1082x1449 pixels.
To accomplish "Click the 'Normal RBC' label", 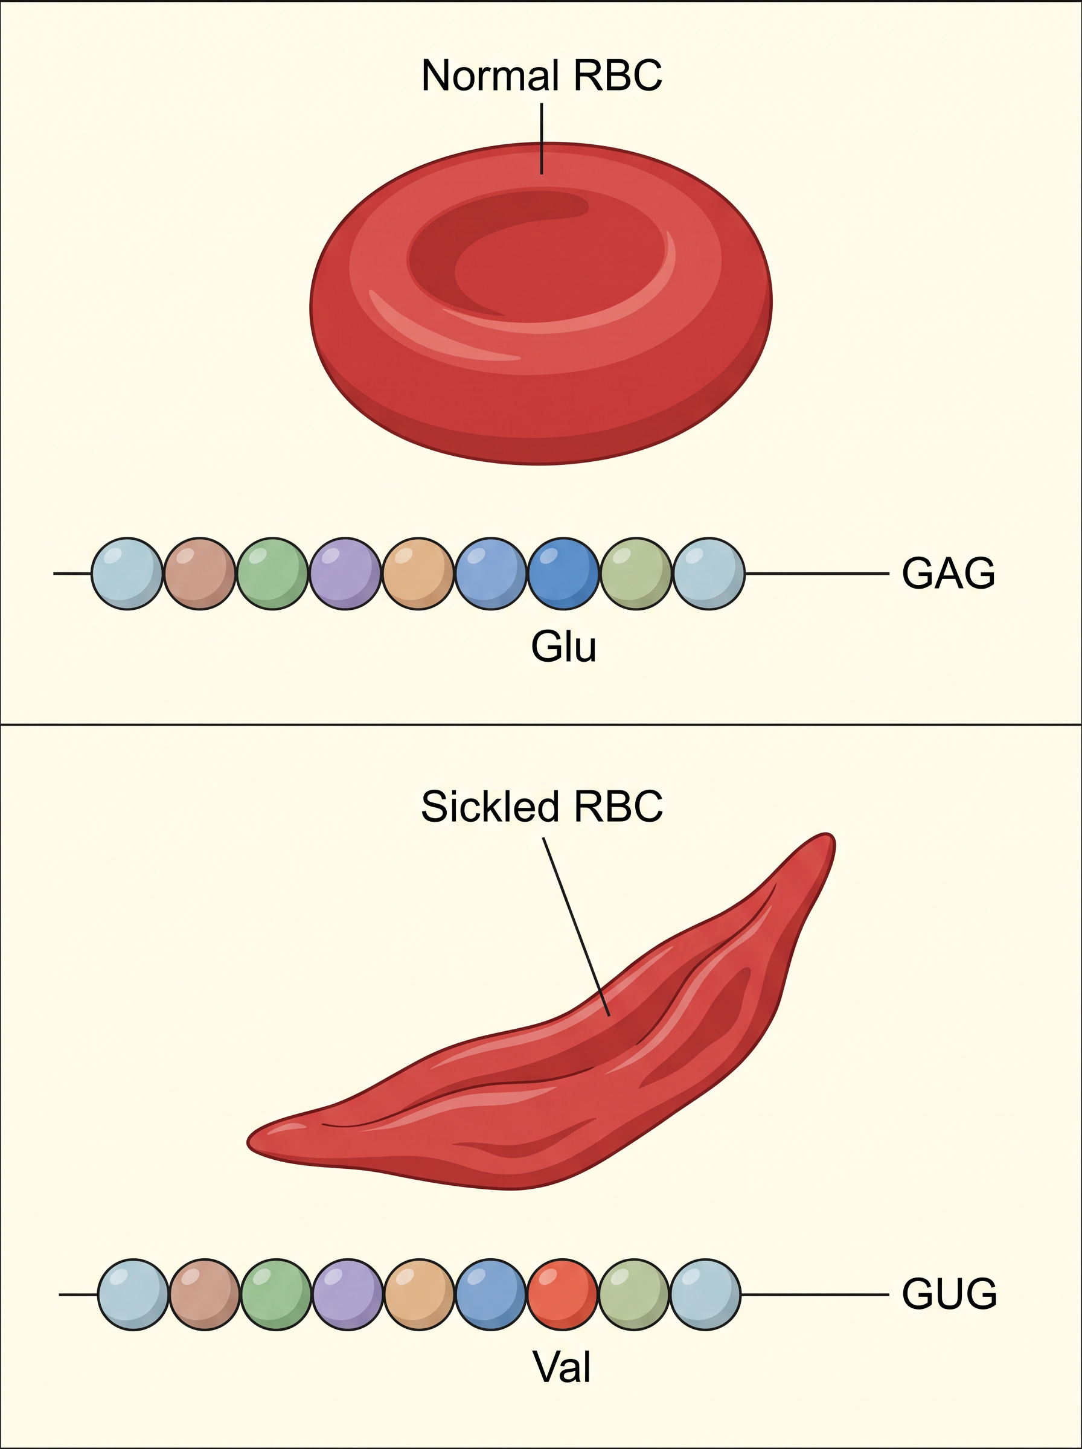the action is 542,75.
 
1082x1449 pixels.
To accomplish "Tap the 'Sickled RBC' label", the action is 542,806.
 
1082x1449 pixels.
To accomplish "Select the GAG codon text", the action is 949,574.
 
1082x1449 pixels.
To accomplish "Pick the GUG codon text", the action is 949,1294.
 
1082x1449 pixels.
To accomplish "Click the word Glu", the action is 563,646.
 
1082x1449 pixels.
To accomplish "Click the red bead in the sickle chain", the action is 563,1294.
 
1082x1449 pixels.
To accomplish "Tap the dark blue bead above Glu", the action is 563,574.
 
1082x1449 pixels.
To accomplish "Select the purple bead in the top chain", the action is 345,574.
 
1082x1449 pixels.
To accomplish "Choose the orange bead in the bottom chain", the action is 419,1294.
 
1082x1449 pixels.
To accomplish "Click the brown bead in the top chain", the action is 200,574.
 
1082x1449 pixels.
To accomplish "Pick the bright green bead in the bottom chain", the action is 277,1294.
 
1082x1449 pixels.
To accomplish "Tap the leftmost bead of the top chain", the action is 127,574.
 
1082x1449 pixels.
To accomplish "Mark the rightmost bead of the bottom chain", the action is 705,1294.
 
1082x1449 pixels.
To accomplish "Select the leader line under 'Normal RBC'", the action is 542,139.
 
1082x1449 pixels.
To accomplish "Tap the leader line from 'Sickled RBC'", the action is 577,927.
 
